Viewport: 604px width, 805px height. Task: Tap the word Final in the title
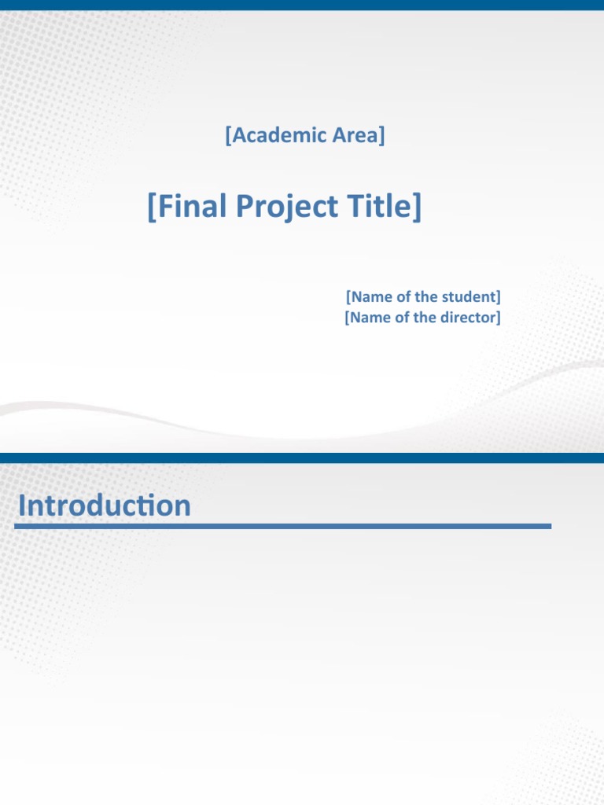pyautogui.click(x=190, y=207)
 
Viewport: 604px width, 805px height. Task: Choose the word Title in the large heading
pyautogui.click(x=379, y=207)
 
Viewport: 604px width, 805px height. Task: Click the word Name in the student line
pyautogui.click(x=370, y=297)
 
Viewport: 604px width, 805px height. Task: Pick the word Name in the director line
pyautogui.click(x=370, y=318)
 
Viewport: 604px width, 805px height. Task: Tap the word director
pyautogui.click(x=468, y=318)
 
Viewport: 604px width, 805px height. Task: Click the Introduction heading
pyautogui.click(x=105, y=505)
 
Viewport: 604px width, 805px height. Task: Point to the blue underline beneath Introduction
pyautogui.click(x=283, y=526)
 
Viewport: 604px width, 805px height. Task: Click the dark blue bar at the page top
pyautogui.click(x=302, y=5)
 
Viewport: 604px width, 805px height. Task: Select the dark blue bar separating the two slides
pyautogui.click(x=302, y=458)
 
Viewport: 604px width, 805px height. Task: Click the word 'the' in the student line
pyautogui.click(x=425, y=297)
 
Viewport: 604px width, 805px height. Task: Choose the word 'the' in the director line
pyautogui.click(x=425, y=318)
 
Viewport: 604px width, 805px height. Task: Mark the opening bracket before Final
pyautogui.click(x=152, y=208)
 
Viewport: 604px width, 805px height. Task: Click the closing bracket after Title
pyautogui.click(x=417, y=208)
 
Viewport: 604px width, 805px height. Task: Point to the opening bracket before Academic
pyautogui.click(x=227, y=136)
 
